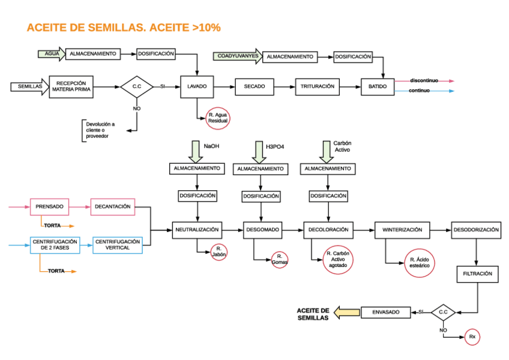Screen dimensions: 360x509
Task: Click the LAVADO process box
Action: (x=197, y=86)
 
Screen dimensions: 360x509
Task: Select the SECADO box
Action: (x=254, y=86)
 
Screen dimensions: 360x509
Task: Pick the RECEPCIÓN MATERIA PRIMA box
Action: (x=70, y=86)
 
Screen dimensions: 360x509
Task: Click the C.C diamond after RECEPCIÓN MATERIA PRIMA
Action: (x=136, y=86)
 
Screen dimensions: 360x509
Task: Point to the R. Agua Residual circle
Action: (x=217, y=117)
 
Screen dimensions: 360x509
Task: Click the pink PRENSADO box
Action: (x=49, y=207)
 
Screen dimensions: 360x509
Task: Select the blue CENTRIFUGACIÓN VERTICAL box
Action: (x=117, y=245)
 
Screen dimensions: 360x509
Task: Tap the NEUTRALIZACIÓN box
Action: (x=197, y=229)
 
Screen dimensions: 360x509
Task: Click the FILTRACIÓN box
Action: (x=477, y=274)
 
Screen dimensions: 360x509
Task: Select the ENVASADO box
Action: (x=385, y=312)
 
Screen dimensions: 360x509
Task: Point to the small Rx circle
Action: (x=472, y=337)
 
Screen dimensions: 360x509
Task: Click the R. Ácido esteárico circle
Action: (x=420, y=262)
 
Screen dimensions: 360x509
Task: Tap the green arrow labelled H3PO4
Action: (x=259, y=151)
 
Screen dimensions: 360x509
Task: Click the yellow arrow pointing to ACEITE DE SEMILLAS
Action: (x=346, y=312)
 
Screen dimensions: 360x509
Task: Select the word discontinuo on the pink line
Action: (x=424, y=80)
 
